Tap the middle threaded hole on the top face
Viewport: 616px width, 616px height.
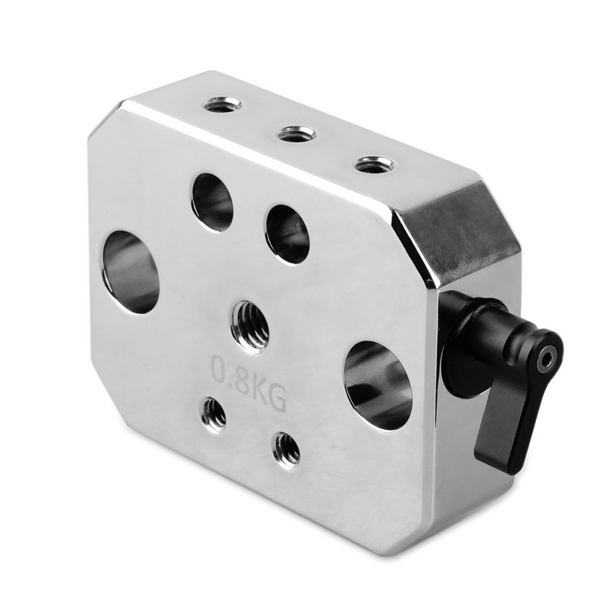tap(296, 135)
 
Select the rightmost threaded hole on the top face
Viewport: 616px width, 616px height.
tap(374, 165)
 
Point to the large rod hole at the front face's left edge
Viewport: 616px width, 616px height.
tap(131, 272)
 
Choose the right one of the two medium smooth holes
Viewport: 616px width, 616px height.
tap(288, 233)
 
